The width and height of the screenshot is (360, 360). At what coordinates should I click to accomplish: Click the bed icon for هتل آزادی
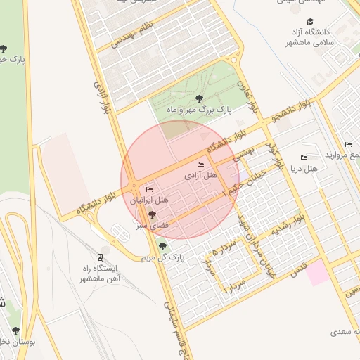pyautogui.click(x=201, y=165)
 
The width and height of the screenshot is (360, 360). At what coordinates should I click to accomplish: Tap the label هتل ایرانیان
pyautogui.click(x=149, y=200)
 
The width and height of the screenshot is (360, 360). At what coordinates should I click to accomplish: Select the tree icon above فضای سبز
pyautogui.click(x=152, y=214)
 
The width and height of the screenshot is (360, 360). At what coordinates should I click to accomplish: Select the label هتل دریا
pyautogui.click(x=304, y=169)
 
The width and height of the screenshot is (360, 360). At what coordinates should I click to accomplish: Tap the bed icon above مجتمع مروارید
pyautogui.click(x=349, y=144)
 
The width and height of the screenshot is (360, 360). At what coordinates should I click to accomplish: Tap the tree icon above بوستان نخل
pyautogui.click(x=15, y=330)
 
